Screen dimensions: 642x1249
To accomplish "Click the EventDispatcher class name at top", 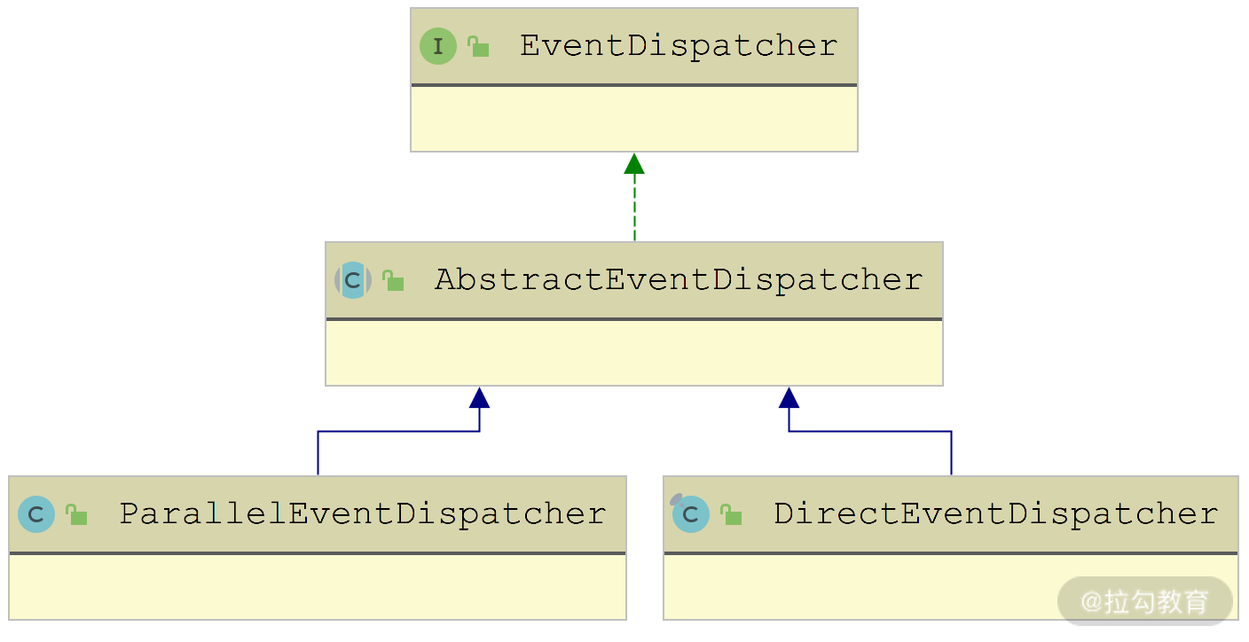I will tap(679, 46).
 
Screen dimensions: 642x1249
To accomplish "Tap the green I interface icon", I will tap(438, 46).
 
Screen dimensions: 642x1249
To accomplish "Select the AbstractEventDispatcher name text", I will tap(679, 280).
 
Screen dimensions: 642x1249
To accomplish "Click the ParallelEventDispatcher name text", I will tap(363, 513).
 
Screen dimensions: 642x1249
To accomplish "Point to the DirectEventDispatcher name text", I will tap(996, 513).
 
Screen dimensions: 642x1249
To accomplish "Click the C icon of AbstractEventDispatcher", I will tap(353, 280).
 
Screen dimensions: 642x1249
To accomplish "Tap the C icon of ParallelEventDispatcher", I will tap(36, 514).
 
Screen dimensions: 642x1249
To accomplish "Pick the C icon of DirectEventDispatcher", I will tap(690, 514).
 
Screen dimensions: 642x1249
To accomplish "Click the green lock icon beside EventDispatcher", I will tap(479, 47).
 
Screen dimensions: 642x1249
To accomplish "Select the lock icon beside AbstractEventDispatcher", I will tap(394, 281).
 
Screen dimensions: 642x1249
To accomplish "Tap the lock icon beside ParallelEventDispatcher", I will tap(77, 515).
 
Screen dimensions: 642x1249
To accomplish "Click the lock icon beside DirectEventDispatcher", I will tap(731, 515).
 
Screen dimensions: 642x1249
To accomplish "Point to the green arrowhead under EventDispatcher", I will tap(634, 164).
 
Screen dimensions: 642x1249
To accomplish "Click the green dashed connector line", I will tap(634, 208).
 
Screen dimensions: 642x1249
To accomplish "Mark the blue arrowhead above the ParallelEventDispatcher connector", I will tap(480, 397).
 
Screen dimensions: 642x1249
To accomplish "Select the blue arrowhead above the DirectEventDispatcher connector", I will tap(789, 397).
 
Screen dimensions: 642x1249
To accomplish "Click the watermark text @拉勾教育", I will tap(1144, 601).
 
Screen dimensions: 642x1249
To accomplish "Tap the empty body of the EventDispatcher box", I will tap(634, 119).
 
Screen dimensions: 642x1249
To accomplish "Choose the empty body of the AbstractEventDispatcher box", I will tap(634, 353).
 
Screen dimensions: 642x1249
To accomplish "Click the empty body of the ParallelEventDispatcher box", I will tap(318, 586).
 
